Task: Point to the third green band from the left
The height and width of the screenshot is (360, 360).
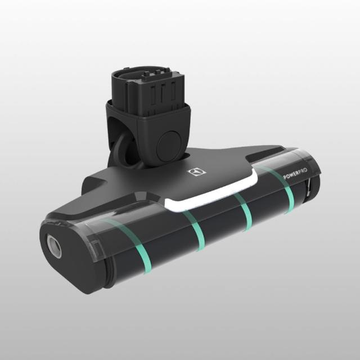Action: coord(245,214)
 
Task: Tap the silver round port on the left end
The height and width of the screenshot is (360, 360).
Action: coord(55,246)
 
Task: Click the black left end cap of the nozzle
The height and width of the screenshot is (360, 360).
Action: coord(67,253)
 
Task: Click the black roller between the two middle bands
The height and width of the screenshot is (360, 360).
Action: coord(220,225)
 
